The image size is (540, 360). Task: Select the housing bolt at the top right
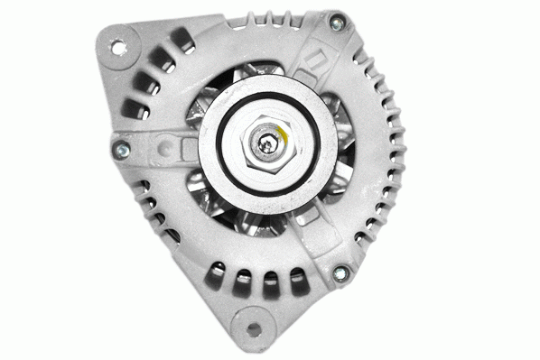tap(337, 24)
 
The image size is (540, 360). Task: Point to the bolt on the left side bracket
tap(122, 149)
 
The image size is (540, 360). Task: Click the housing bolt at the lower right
tap(340, 273)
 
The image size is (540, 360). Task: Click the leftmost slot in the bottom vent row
tap(216, 270)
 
